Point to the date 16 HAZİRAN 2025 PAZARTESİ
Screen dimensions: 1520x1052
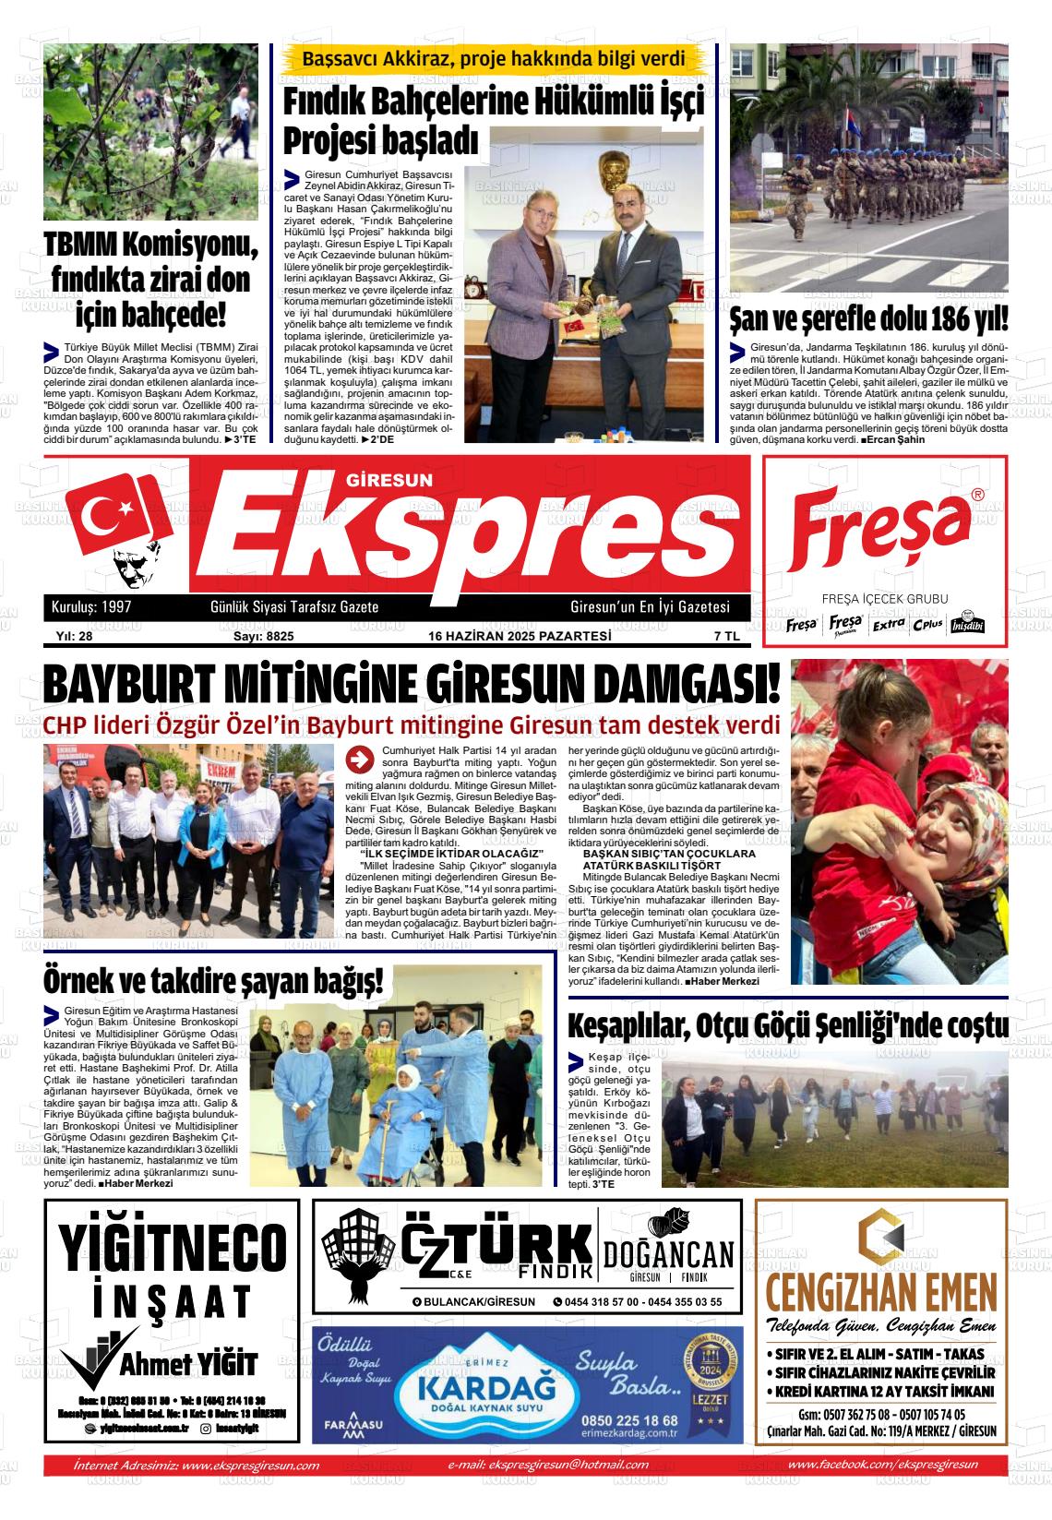click(x=520, y=636)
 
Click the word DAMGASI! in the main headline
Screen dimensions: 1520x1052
click(x=683, y=688)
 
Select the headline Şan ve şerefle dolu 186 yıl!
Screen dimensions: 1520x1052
click(x=868, y=319)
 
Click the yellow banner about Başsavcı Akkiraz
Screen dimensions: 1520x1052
click(x=495, y=60)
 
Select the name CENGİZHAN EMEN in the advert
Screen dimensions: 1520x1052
click(x=880, y=1288)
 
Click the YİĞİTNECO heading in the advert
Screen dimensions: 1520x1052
click(x=173, y=1245)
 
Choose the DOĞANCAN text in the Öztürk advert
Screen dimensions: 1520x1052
click(x=668, y=1254)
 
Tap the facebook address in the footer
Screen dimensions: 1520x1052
click(x=883, y=1465)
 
